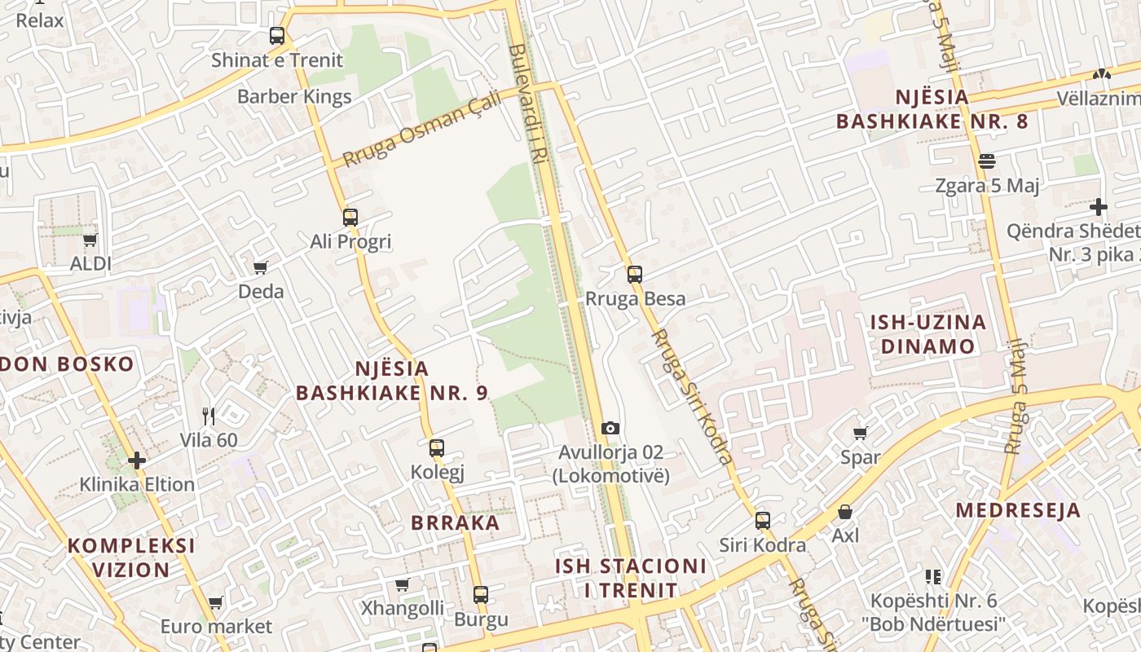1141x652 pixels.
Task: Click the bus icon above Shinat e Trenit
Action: click(277, 36)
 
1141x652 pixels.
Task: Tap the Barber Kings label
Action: click(294, 96)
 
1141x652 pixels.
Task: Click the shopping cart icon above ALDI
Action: click(90, 240)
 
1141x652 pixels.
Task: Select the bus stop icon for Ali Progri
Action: click(350, 218)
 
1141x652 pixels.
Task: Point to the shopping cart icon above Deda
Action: click(261, 267)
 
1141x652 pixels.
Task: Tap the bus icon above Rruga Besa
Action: click(635, 275)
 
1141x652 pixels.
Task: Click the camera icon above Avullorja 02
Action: click(610, 428)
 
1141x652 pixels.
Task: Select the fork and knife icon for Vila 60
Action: click(209, 416)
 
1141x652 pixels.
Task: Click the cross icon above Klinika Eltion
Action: click(137, 460)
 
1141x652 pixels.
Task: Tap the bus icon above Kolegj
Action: click(437, 447)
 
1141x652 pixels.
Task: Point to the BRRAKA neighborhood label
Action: click(456, 522)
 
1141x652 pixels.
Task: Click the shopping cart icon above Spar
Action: click(861, 433)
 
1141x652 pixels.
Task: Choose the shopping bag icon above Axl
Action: click(845, 512)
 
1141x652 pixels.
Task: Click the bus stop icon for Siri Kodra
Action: click(763, 521)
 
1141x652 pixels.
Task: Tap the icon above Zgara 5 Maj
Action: click(987, 161)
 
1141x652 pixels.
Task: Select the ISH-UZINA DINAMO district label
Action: click(928, 333)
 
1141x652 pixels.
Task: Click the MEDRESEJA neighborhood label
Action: click(1018, 510)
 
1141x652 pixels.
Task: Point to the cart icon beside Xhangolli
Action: click(402, 584)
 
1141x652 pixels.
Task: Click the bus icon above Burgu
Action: click(481, 595)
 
